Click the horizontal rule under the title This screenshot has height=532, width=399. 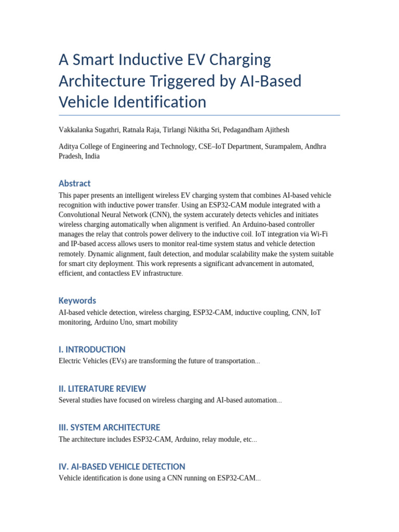point(199,115)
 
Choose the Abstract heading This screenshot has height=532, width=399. point(74,183)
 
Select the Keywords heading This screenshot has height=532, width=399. point(77,301)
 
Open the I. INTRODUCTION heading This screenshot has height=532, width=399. point(92,350)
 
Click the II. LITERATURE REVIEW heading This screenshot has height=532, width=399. point(102,389)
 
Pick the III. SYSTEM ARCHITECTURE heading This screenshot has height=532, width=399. point(109,428)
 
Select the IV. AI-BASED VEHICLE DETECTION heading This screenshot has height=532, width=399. point(122,467)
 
